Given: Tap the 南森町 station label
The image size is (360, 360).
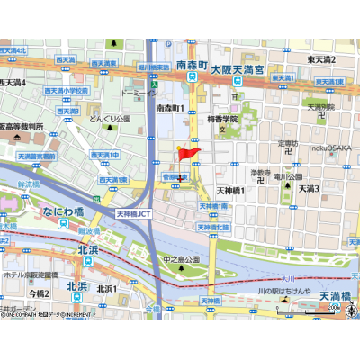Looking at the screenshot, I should [193, 67].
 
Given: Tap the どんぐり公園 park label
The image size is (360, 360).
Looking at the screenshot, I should [110, 118].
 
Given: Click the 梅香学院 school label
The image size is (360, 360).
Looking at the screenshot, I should [219, 118].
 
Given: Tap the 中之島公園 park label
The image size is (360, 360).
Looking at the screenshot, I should [179, 260].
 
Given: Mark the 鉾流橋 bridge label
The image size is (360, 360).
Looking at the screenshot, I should [31, 185].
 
